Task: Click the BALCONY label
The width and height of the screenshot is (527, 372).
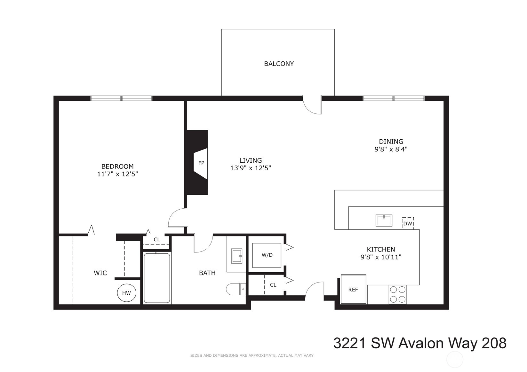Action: click(x=279, y=64)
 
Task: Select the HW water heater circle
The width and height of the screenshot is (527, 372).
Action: click(x=127, y=293)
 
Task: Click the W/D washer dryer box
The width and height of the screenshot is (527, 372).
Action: click(x=267, y=255)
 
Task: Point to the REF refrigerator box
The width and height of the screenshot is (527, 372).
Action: click(x=353, y=289)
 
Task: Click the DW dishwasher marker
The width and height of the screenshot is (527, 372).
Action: click(x=408, y=223)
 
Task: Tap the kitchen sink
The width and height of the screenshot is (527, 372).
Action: click(x=384, y=221)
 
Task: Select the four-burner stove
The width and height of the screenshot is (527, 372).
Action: click(x=398, y=294)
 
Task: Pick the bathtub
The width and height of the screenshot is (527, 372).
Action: click(x=157, y=278)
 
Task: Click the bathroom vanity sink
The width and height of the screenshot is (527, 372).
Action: click(x=236, y=256)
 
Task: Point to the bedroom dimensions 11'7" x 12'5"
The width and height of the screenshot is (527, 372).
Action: click(x=117, y=174)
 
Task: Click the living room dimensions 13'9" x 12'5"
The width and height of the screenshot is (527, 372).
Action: click(x=251, y=168)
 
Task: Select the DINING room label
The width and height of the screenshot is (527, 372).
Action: click(x=391, y=142)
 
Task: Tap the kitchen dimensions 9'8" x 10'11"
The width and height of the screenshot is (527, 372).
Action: click(x=381, y=257)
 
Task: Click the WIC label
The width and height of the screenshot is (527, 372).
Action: click(x=100, y=273)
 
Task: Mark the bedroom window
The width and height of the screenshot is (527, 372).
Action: click(x=121, y=98)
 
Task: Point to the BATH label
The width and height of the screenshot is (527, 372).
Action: click(x=207, y=273)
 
